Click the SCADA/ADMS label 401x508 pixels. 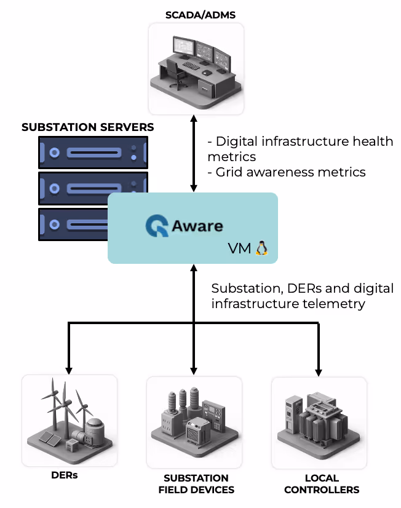pyautogui.click(x=196, y=14)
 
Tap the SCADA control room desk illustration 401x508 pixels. pyautogui.click(x=196, y=67)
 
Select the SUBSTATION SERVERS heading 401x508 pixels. pyautogui.click(x=88, y=127)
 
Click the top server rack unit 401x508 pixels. pyautogui.click(x=93, y=152)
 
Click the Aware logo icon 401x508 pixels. pyautogui.click(x=157, y=226)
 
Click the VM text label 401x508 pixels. pyautogui.click(x=240, y=248)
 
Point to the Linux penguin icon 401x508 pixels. pyautogui.click(x=261, y=248)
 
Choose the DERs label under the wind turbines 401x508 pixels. pyautogui.click(x=65, y=475)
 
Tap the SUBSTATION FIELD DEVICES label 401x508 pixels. pyautogui.click(x=196, y=484)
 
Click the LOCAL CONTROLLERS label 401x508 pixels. pyautogui.click(x=322, y=484)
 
